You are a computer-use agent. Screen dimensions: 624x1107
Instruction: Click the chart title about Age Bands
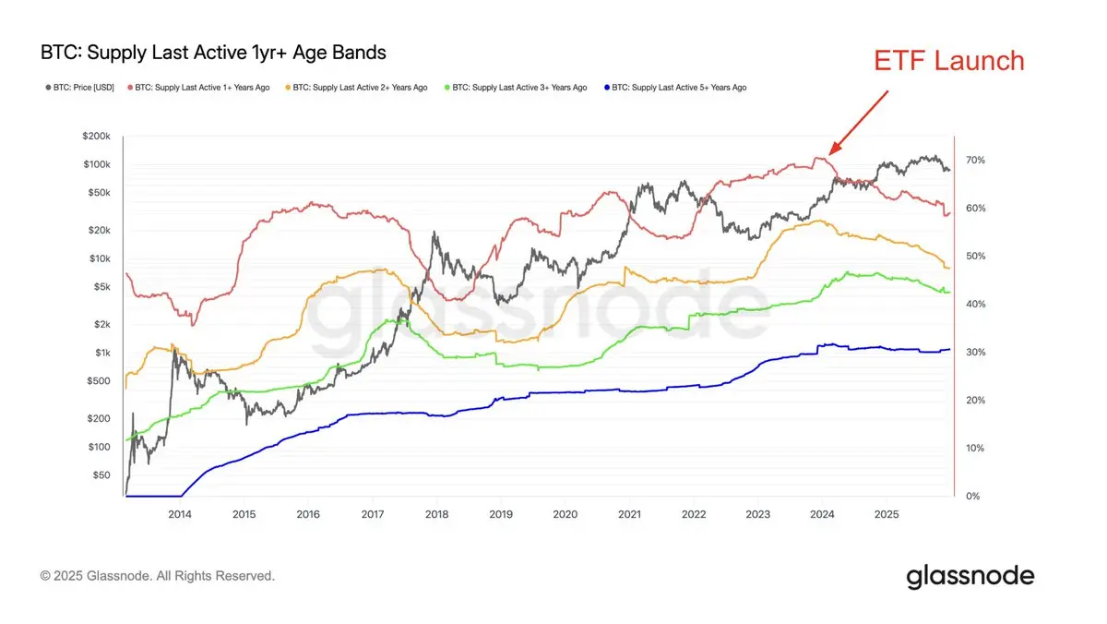click(213, 53)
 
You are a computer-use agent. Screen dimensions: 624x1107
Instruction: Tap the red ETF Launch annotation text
click(948, 61)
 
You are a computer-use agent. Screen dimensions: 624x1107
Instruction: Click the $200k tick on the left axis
click(96, 136)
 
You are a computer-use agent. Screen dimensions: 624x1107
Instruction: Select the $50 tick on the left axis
click(101, 474)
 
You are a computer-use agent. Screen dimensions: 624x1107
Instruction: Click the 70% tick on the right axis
click(974, 160)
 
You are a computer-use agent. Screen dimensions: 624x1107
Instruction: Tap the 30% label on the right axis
click(974, 353)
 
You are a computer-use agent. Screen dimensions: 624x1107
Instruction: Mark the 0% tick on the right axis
click(971, 497)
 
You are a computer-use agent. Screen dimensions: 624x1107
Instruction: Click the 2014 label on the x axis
click(179, 513)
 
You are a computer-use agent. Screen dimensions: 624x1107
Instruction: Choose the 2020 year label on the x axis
click(565, 513)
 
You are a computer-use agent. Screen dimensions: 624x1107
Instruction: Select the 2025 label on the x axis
click(886, 513)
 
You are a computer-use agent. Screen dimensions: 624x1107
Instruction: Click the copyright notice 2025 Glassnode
click(157, 576)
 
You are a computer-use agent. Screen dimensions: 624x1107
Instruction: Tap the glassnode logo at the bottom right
click(970, 578)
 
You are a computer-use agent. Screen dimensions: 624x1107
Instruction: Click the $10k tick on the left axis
click(99, 258)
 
